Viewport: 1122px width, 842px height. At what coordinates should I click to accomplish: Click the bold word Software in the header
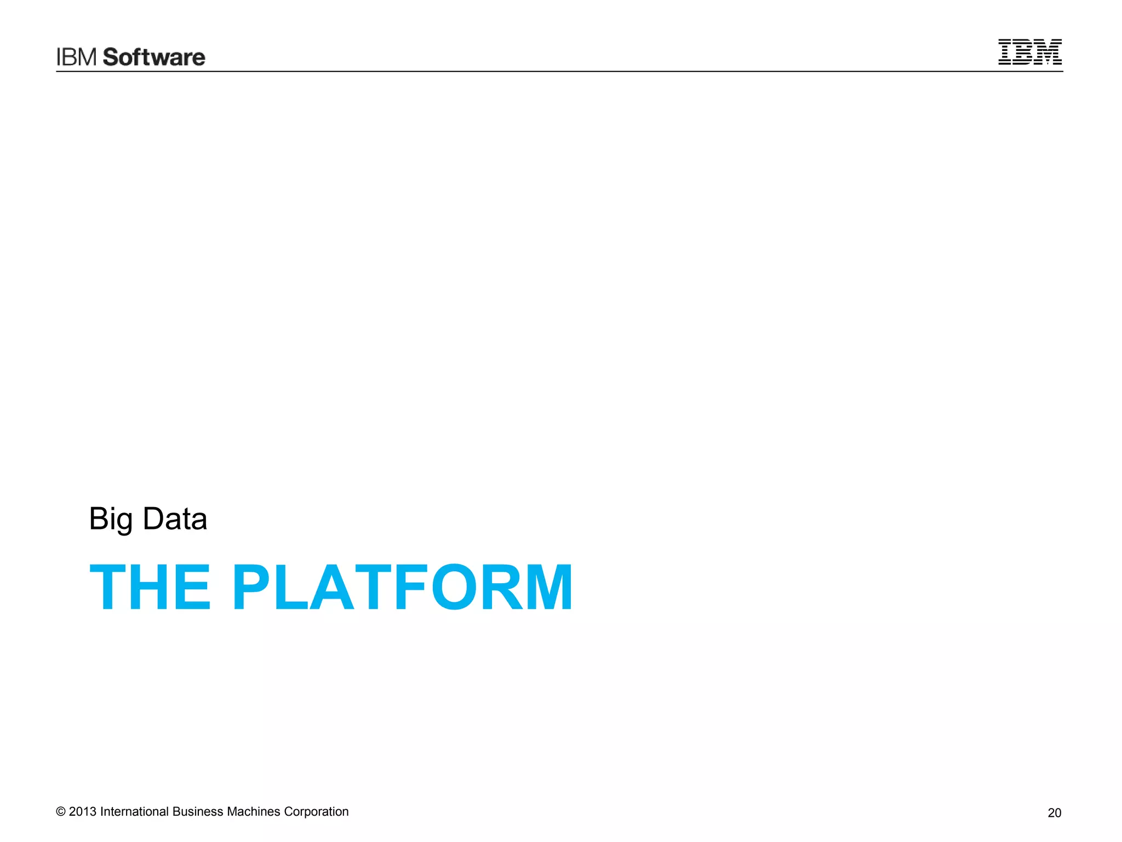tap(154, 57)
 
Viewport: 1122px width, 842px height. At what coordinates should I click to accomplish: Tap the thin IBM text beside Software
tap(77, 57)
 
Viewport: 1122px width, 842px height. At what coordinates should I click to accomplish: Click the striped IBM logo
tap(1029, 52)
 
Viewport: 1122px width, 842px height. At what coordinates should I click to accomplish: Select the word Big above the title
tap(111, 519)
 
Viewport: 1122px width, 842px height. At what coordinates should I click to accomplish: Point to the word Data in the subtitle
tap(175, 519)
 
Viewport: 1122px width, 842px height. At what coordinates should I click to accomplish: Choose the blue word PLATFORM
tap(402, 587)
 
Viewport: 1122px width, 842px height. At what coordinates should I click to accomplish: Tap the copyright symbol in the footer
tap(61, 812)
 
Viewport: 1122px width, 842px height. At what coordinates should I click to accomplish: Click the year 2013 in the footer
tap(83, 812)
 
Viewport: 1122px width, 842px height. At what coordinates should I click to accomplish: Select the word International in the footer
tap(134, 812)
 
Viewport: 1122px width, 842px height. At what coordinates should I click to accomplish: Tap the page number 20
tap(1054, 813)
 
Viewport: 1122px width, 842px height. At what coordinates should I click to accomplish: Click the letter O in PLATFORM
tap(454, 587)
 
